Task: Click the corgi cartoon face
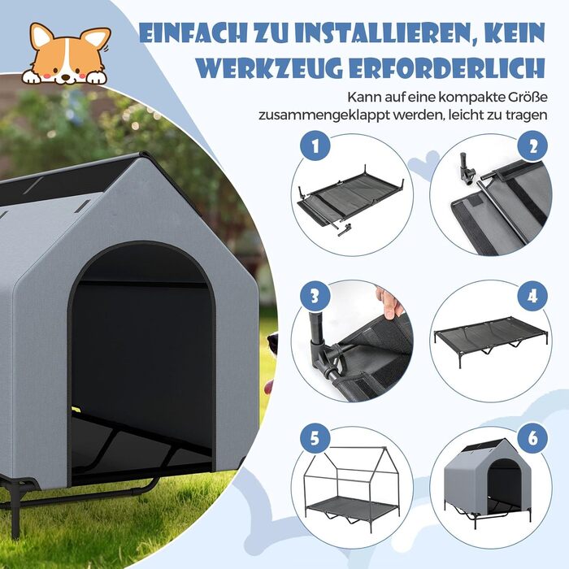68,55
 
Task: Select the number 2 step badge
532,148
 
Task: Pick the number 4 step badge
532,294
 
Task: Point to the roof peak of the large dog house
146,159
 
